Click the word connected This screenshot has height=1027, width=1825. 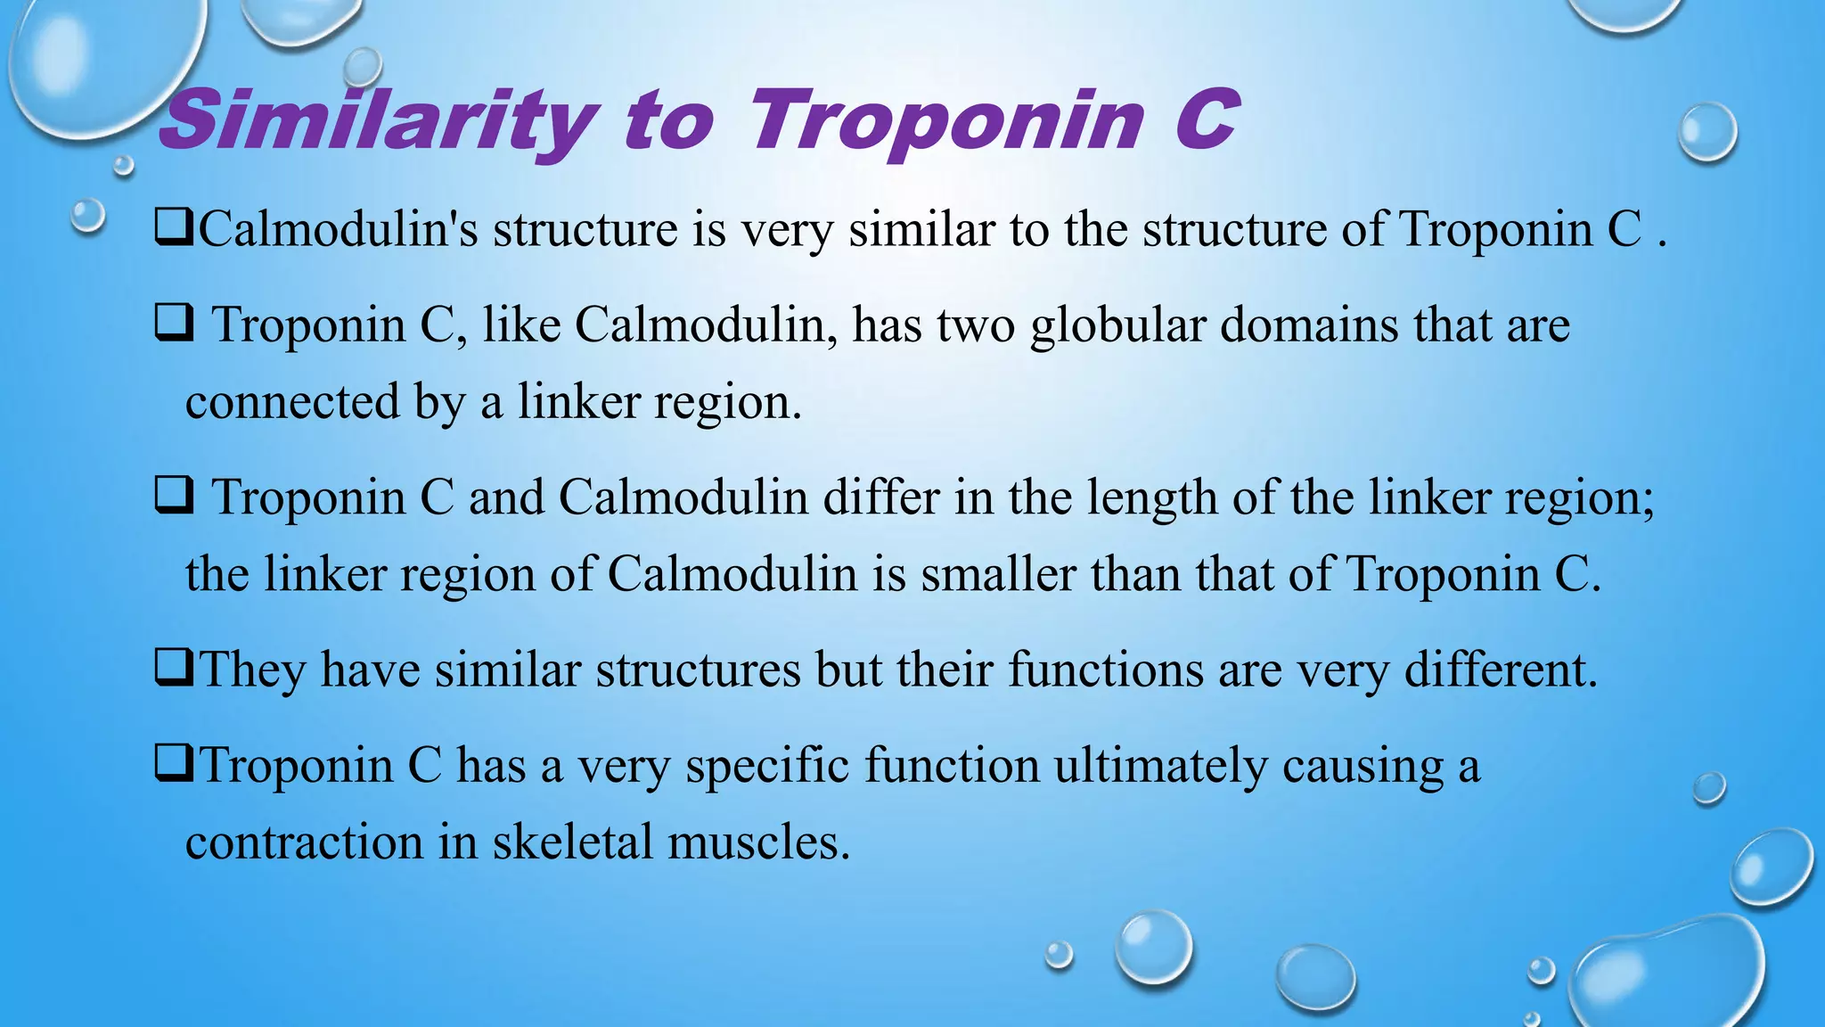pos(292,402)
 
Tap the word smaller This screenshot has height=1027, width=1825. pos(998,574)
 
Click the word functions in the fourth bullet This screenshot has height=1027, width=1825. pos(1105,670)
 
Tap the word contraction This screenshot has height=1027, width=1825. pos(304,842)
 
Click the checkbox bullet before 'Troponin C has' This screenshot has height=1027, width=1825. pos(174,764)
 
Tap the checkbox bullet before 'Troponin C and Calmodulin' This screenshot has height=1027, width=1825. pos(174,496)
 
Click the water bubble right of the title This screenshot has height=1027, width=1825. pos(1707,132)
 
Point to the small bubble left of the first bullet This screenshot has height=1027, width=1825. pos(87,216)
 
